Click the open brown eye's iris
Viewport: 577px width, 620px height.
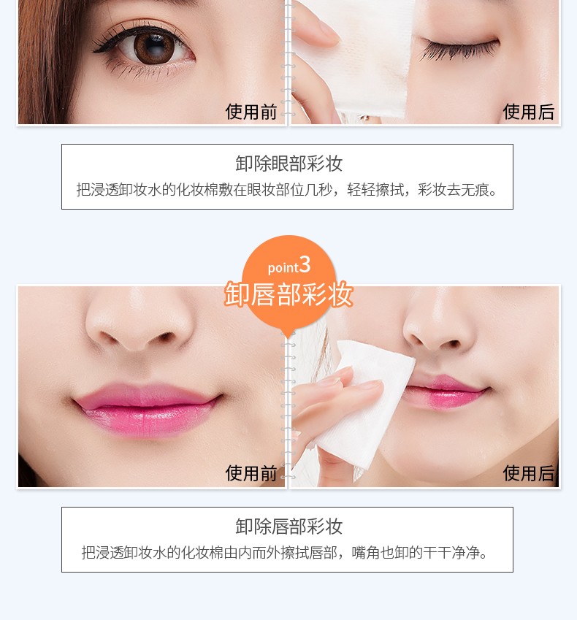tap(152, 47)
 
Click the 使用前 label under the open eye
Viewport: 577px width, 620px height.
tap(251, 112)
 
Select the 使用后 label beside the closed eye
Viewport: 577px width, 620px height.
tap(528, 112)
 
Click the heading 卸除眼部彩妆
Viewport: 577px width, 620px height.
tap(288, 164)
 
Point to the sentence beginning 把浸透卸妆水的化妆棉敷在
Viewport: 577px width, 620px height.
tap(287, 190)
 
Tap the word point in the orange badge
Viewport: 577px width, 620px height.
tap(283, 268)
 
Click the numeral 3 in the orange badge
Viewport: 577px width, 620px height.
tap(305, 264)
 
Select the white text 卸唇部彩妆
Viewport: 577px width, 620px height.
tap(288, 294)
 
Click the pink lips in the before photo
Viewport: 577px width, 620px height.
tap(147, 408)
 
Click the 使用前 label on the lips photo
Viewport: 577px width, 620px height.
tap(251, 473)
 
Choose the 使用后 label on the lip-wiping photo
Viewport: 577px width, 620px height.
tap(528, 473)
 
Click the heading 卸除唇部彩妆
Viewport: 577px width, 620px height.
tap(288, 527)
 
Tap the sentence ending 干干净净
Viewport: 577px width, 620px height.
tap(285, 552)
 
